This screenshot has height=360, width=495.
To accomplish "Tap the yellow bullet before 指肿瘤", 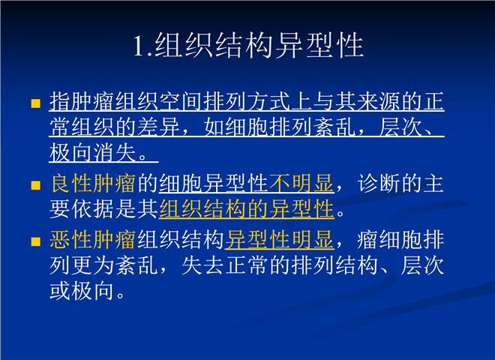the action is [36, 103].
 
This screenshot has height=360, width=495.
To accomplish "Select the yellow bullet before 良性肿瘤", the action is [36, 185].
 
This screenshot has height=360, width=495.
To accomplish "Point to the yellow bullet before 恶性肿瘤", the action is [36, 242].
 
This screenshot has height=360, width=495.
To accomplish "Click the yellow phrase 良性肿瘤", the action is [93, 184].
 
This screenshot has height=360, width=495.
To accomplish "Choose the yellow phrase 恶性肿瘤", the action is [93, 240].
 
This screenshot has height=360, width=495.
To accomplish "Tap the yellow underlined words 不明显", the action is [301, 184].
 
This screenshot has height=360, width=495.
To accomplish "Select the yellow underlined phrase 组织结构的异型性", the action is [247, 209].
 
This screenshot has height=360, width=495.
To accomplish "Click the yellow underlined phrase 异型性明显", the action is [280, 240].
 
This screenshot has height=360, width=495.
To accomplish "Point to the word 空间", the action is [181, 102].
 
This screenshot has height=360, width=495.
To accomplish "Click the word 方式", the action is [269, 102].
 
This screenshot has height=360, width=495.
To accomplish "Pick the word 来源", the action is [379, 102].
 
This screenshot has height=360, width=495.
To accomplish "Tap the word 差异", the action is [159, 127].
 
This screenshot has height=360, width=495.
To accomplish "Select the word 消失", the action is [115, 153].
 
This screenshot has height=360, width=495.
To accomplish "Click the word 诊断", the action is [379, 184].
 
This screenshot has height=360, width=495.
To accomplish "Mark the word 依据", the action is [93, 209].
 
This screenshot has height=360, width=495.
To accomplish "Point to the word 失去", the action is [203, 265].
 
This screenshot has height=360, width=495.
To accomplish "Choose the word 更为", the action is [93, 265].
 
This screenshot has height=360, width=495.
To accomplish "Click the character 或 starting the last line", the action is [60, 291].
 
